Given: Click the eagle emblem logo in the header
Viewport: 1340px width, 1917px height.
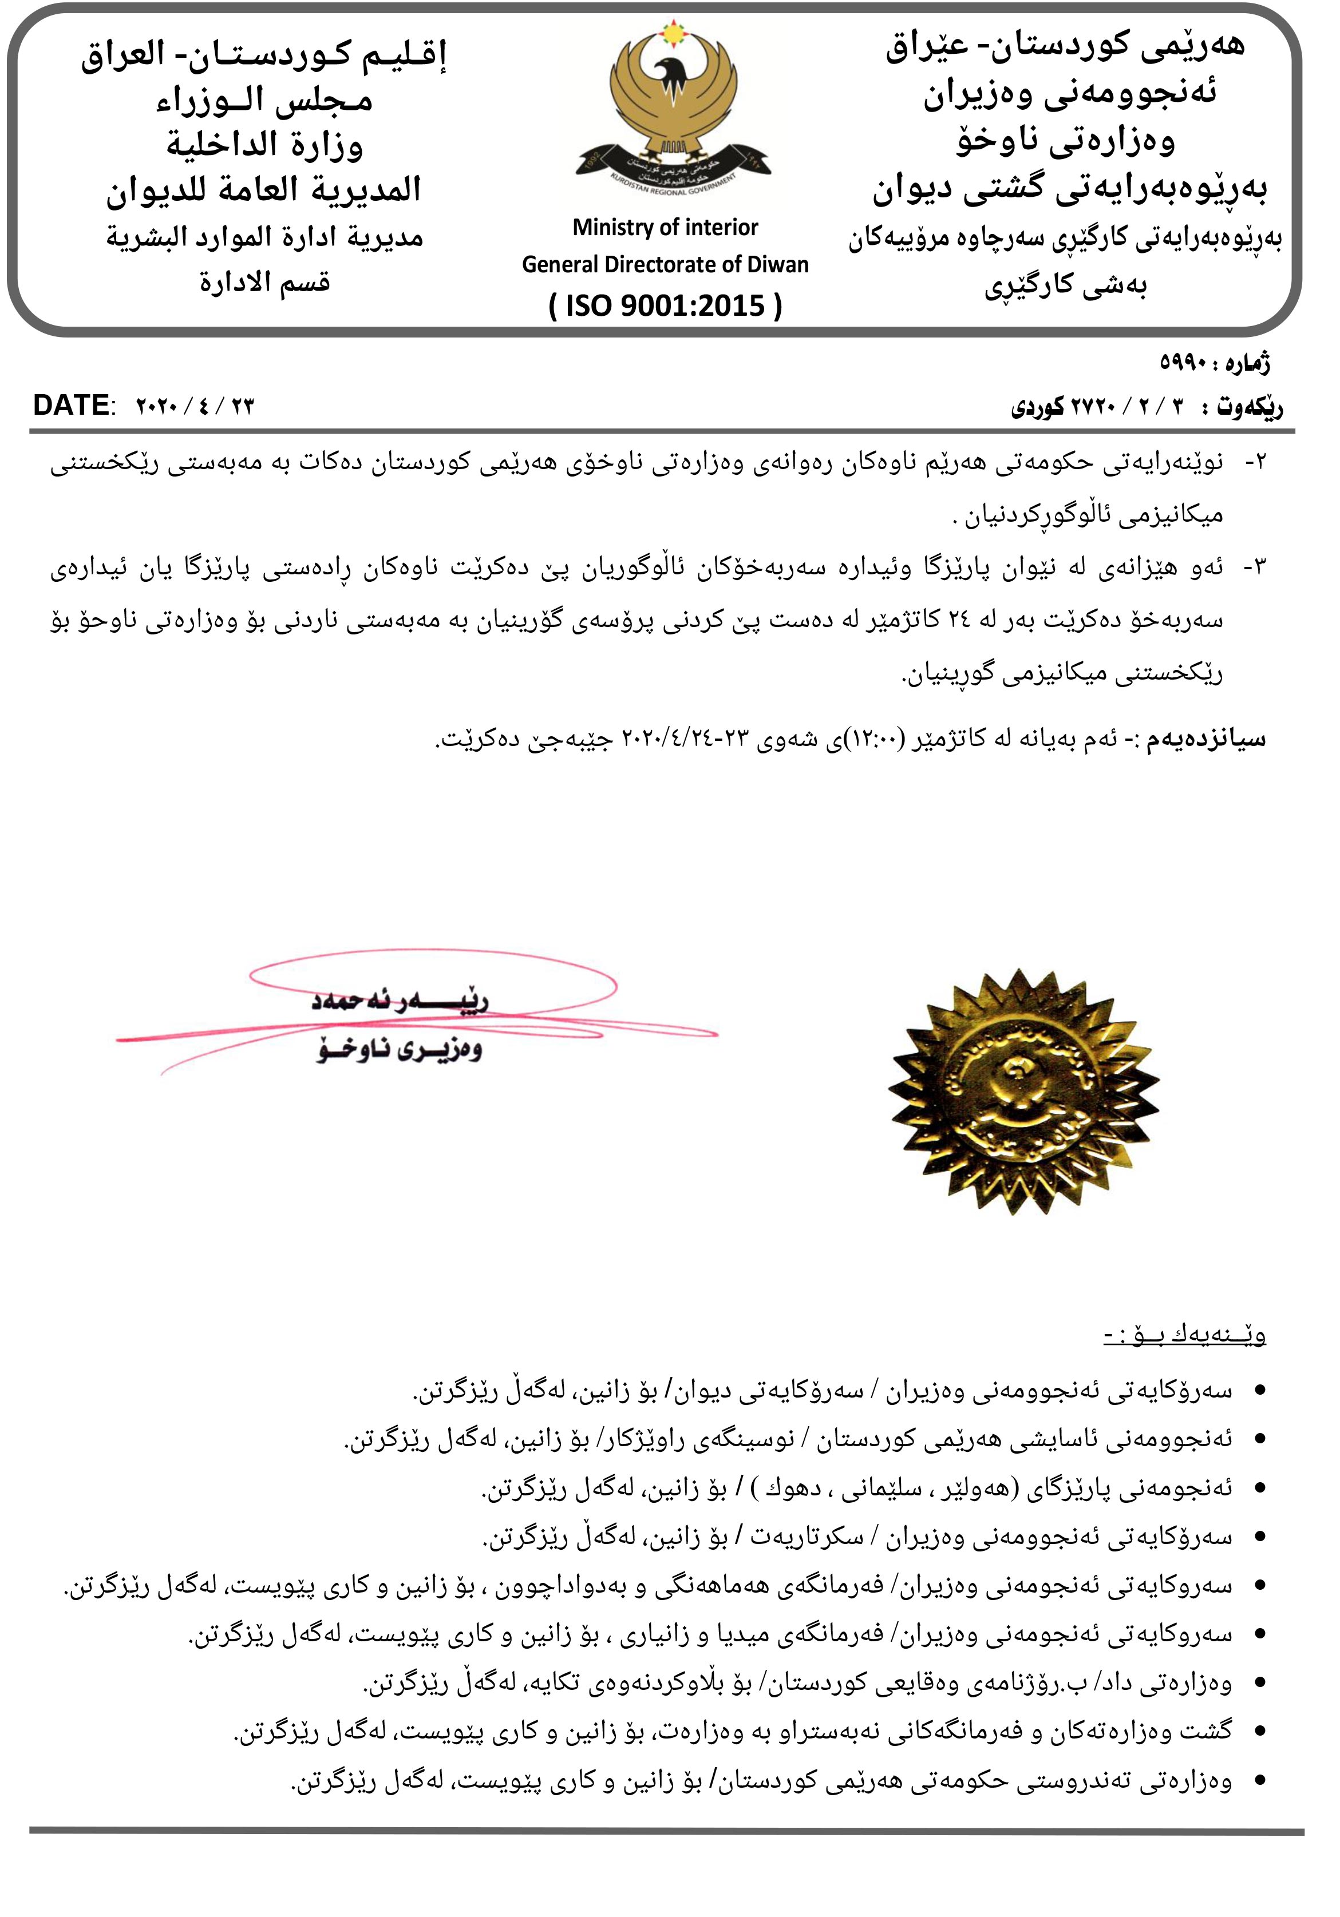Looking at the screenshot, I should tap(673, 109).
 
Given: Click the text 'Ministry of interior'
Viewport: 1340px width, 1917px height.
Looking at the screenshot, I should tap(665, 227).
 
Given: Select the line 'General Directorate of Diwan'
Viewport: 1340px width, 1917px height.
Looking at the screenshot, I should tap(665, 265).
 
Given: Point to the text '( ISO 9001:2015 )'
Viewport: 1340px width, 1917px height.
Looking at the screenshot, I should tap(665, 305).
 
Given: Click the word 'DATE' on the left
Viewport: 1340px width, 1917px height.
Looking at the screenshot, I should tap(71, 406).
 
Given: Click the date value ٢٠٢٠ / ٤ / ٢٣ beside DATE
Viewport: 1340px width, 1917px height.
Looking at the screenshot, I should tap(195, 407).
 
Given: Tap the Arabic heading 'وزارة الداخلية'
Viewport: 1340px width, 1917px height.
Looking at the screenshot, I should tap(264, 144).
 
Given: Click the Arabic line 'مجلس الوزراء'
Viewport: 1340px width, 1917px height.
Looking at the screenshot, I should tap(264, 100).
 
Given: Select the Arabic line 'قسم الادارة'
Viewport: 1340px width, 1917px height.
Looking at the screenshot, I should tap(264, 282).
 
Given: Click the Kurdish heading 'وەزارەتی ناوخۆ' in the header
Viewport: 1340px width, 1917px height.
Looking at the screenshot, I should tap(1065, 140).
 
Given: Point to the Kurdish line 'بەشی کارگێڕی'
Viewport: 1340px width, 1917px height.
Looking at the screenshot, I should tap(1065, 287).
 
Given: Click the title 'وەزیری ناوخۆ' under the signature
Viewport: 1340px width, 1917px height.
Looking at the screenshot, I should tap(400, 1049).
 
